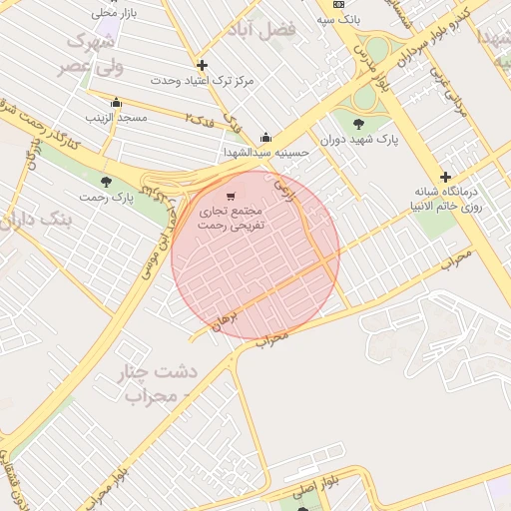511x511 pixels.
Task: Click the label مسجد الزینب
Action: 116,118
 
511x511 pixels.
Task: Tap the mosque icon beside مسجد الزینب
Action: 116,102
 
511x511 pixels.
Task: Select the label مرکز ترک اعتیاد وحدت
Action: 203,80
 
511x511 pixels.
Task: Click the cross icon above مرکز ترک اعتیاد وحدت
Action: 203,65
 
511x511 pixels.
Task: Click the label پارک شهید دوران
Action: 359,140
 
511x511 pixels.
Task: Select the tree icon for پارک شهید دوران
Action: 359,125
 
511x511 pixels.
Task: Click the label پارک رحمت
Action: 108,196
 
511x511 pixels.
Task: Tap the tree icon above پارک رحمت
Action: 107,181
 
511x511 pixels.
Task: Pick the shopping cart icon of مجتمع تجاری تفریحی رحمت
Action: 232,198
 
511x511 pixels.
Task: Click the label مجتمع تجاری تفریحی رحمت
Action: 232,220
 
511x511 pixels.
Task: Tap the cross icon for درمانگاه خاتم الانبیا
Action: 446,177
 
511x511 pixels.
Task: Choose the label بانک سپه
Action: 338,19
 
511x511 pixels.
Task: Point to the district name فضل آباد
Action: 264,30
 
